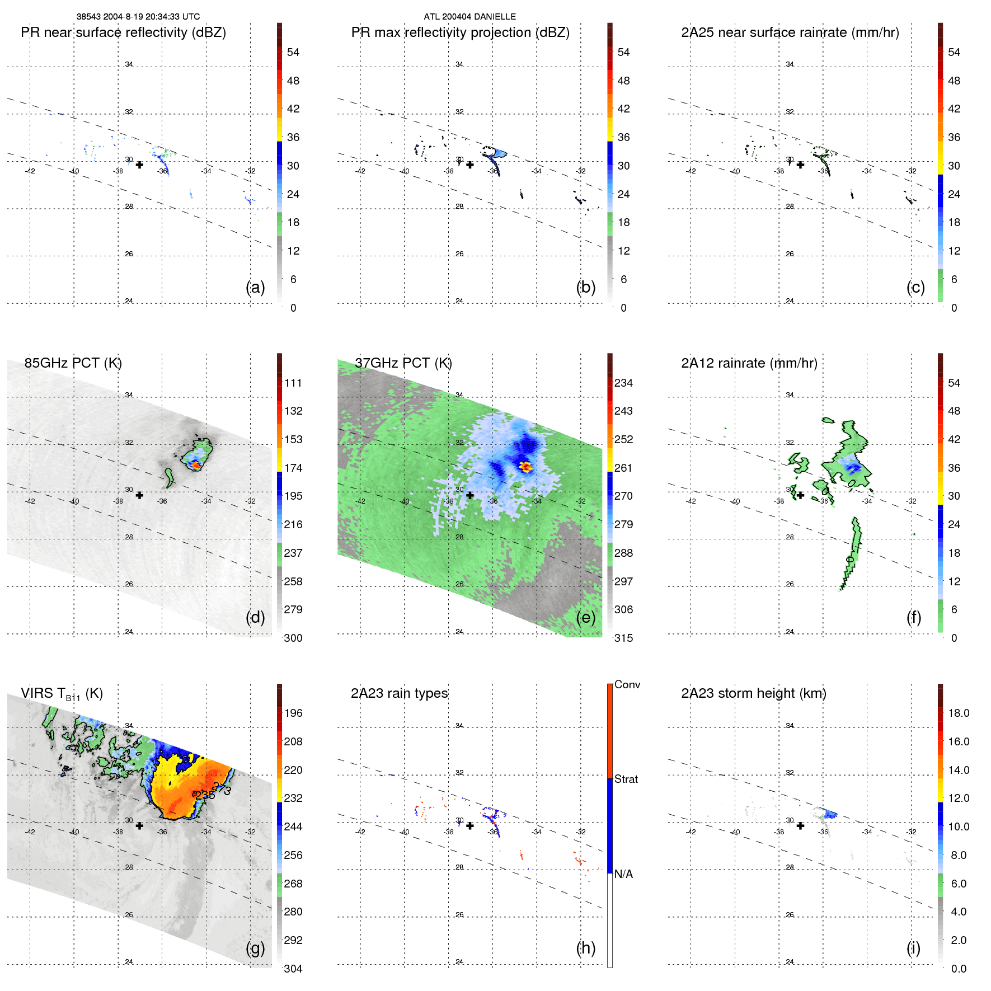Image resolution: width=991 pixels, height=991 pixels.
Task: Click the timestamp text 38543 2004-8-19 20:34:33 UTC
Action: tap(138, 17)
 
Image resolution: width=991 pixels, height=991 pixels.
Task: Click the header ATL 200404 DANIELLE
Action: tap(469, 17)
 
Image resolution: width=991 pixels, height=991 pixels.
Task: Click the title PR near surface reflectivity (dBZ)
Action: tap(123, 32)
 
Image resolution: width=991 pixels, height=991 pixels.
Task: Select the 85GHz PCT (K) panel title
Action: tap(73, 363)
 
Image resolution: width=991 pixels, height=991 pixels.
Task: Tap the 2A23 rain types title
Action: tap(399, 693)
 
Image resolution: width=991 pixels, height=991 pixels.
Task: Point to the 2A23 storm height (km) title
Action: tap(753, 693)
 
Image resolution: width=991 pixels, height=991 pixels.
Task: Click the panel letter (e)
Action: tap(585, 617)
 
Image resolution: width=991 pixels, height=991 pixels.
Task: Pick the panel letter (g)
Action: tap(255, 948)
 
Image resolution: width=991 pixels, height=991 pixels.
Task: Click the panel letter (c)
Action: tap(915, 287)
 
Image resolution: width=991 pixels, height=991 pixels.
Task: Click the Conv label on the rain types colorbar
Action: tap(627, 684)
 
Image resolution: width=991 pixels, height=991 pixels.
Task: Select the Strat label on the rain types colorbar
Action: tap(626, 779)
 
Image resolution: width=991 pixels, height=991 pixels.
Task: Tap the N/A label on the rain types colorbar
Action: tap(623, 874)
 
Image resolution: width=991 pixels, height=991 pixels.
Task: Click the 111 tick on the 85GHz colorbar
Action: tap(293, 383)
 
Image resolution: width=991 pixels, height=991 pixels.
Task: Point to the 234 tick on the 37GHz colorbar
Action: tap(623, 383)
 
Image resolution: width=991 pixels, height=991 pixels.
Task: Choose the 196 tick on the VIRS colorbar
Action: tap(293, 713)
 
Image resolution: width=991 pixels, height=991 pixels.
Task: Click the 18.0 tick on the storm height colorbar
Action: tap(958, 713)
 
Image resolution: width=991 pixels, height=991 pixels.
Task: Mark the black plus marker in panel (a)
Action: tap(139, 165)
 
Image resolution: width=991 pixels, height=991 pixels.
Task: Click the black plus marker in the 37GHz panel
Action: tap(470, 495)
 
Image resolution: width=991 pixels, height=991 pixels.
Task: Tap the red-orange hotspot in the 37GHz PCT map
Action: tap(525, 466)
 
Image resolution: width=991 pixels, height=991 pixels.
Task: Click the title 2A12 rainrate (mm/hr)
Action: tap(749, 363)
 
